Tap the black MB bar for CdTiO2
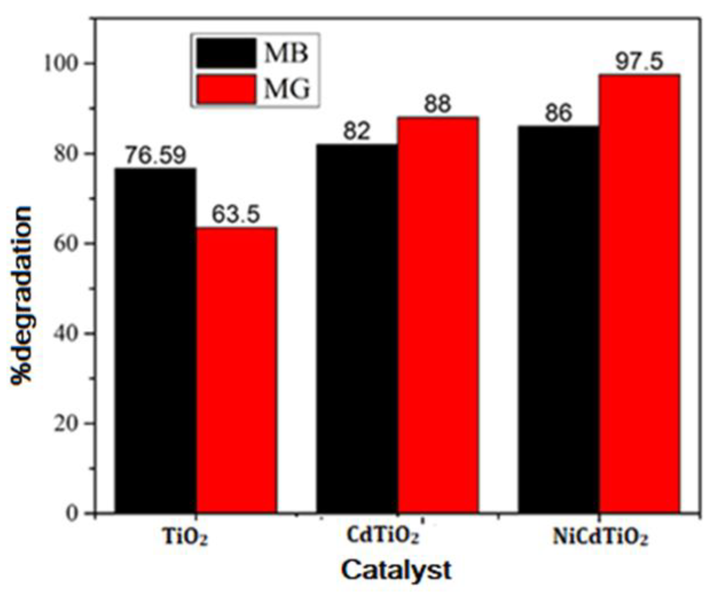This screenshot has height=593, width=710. tap(357, 328)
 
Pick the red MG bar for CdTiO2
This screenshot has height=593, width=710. tap(438, 315)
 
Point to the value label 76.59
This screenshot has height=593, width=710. tap(156, 155)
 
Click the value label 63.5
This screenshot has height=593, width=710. tap(236, 214)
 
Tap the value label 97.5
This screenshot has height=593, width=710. tap(639, 62)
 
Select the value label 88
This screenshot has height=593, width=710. tap(438, 104)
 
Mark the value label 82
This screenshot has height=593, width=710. tap(357, 131)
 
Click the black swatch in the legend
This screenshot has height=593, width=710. tap(226, 53)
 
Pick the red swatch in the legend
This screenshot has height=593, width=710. tap(226, 89)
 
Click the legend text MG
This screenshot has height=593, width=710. tap(287, 89)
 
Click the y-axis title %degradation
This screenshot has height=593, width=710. tap(21, 294)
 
